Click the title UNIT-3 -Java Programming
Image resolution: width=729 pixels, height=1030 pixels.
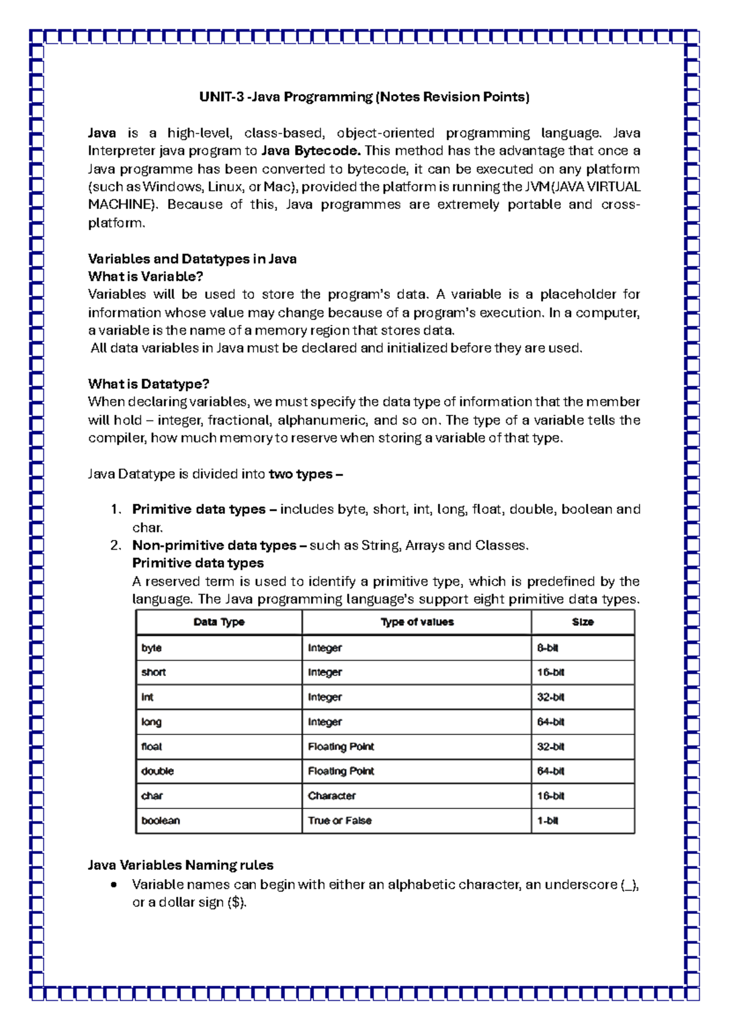(x=364, y=97)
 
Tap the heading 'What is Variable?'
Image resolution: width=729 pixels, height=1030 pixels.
(x=145, y=277)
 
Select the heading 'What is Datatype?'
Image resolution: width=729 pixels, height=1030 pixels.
(x=148, y=384)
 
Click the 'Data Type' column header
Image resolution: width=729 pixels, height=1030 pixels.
(x=219, y=622)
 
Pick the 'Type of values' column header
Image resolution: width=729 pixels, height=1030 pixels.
(x=417, y=622)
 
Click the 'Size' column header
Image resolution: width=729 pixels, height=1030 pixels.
(x=582, y=622)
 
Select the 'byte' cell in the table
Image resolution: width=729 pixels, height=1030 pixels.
(x=151, y=648)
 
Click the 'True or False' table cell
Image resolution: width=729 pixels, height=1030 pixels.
(x=340, y=820)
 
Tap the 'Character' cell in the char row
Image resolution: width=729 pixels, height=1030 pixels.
(x=332, y=796)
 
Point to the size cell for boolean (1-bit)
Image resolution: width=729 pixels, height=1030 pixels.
(x=547, y=820)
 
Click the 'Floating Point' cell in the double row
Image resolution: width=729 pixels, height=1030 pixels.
(x=341, y=771)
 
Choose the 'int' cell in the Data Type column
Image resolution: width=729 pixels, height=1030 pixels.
(x=148, y=697)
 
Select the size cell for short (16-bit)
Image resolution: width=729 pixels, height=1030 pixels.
(x=550, y=672)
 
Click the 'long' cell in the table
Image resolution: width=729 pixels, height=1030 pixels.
(x=151, y=722)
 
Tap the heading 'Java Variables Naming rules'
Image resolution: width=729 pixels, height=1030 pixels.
(x=180, y=865)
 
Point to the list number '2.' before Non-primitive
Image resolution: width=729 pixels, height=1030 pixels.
(x=116, y=545)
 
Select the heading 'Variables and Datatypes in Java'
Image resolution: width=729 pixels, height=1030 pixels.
(x=192, y=259)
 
